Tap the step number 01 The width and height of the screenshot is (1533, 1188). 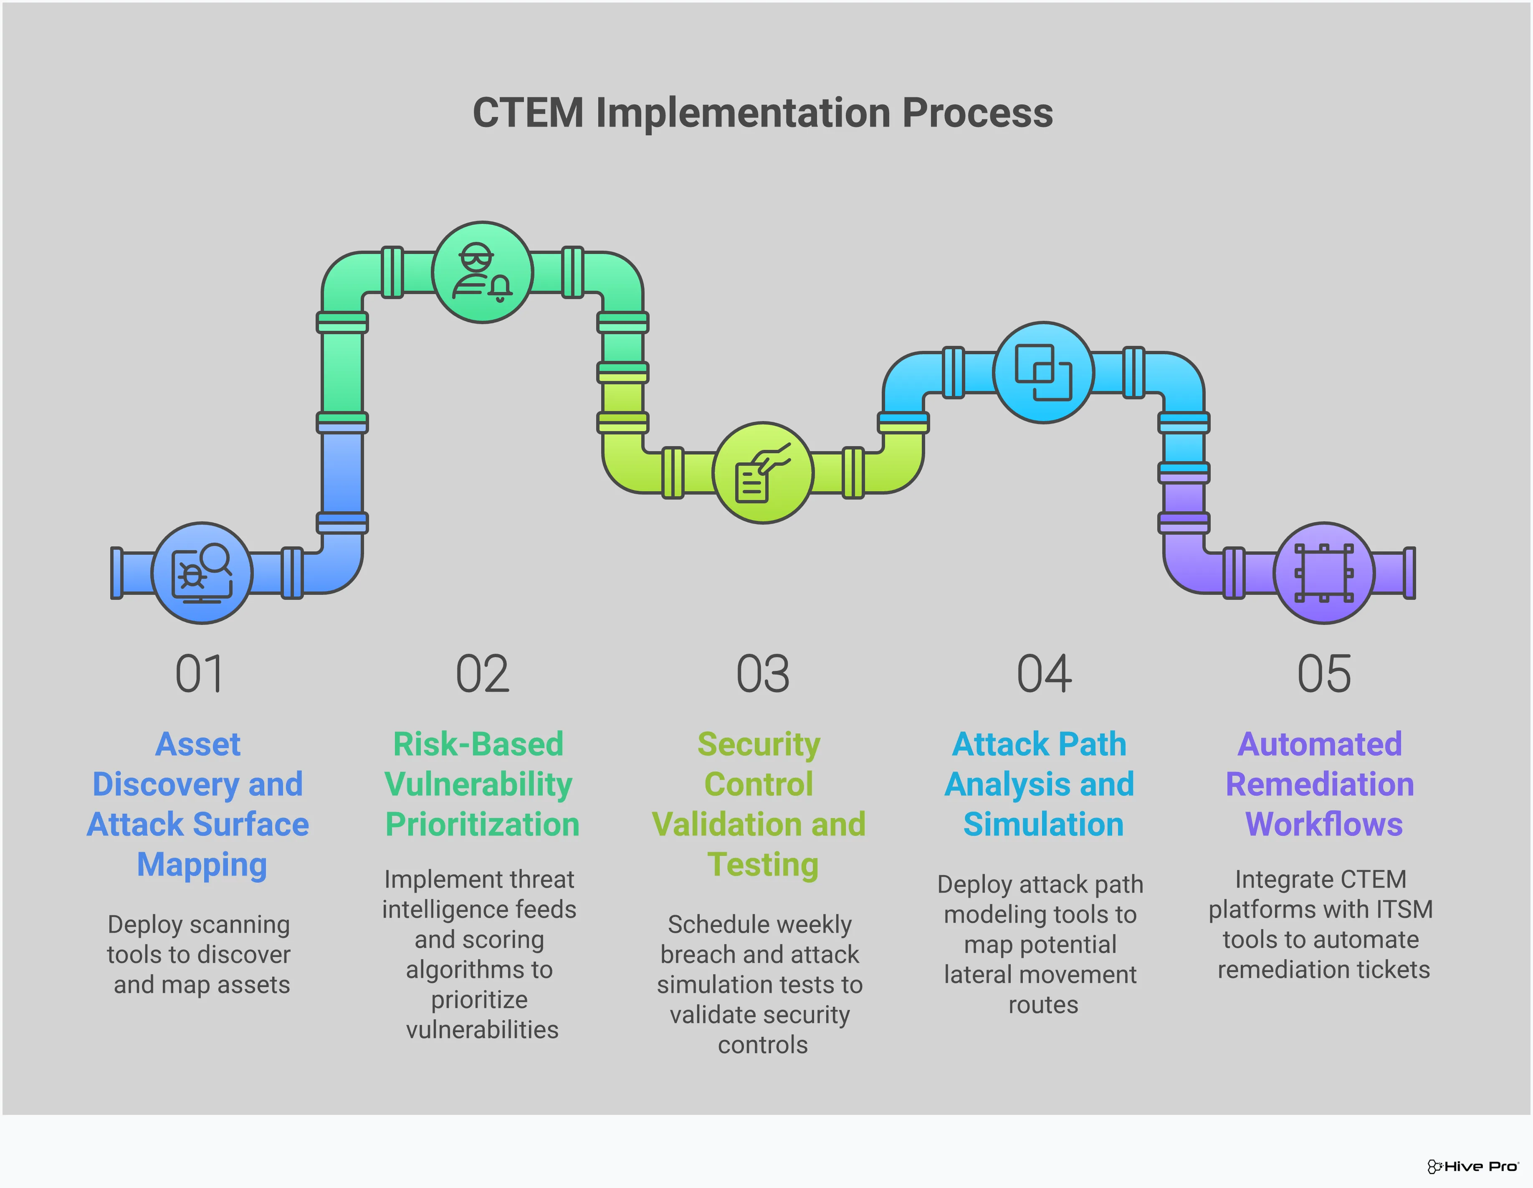point(200,674)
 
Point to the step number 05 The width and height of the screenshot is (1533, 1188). point(1324,674)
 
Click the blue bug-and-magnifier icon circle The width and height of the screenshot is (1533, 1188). point(202,573)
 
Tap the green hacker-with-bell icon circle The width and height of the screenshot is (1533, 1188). point(482,272)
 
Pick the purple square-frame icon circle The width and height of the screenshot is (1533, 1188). point(1324,573)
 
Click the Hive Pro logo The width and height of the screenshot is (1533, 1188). point(1472,1166)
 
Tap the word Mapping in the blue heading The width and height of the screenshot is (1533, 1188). point(202,864)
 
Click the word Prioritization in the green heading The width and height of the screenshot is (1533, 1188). point(482,824)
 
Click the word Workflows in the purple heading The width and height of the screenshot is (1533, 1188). point(1324,824)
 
